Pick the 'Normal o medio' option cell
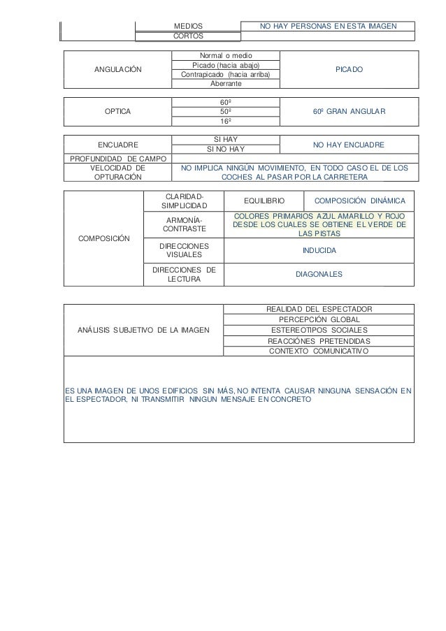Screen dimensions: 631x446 (226, 55)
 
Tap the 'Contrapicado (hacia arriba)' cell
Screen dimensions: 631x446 (226, 75)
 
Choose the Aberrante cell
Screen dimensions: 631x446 (226, 84)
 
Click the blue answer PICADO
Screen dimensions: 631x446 (347, 70)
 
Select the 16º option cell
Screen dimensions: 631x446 (226, 120)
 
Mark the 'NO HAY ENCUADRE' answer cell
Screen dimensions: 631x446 (347, 145)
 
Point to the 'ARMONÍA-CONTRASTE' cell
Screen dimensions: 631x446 (184, 224)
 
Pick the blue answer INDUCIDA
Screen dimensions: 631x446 (319, 250)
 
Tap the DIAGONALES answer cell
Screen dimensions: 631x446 (319, 275)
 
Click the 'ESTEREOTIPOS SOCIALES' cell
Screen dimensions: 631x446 (319, 330)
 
